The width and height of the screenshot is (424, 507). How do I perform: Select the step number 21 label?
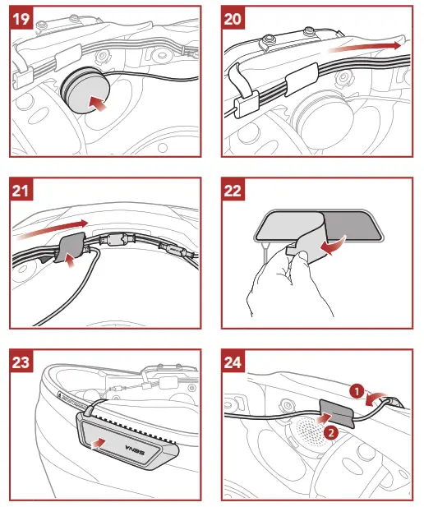point(23,191)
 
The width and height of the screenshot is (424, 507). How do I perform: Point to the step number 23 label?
point(23,363)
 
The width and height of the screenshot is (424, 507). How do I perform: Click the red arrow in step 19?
point(99,104)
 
